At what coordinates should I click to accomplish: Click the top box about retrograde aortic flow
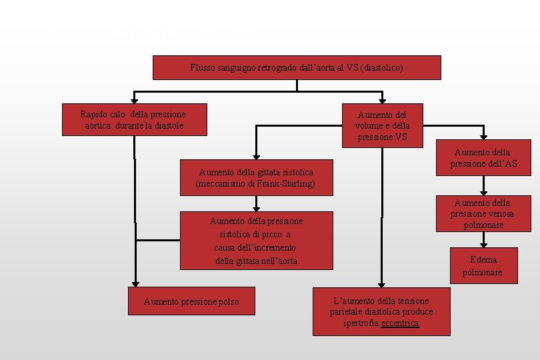[x=297, y=67]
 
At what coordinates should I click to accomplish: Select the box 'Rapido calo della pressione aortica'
[x=133, y=119]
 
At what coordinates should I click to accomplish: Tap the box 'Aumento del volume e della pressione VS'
[x=383, y=125]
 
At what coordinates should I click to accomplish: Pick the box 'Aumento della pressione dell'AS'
[x=483, y=158]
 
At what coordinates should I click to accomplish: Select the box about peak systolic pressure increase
[x=257, y=240]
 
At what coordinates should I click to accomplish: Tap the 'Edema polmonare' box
[x=483, y=265]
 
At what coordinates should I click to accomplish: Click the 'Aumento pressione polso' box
[x=191, y=302]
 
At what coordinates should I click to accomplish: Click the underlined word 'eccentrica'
[x=400, y=323]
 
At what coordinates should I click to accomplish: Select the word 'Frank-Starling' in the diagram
[x=285, y=183]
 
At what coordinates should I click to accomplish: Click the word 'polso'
[x=226, y=302]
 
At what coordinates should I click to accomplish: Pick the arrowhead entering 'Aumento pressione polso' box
[x=135, y=283]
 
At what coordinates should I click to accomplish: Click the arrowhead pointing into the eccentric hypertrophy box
[x=381, y=283]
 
